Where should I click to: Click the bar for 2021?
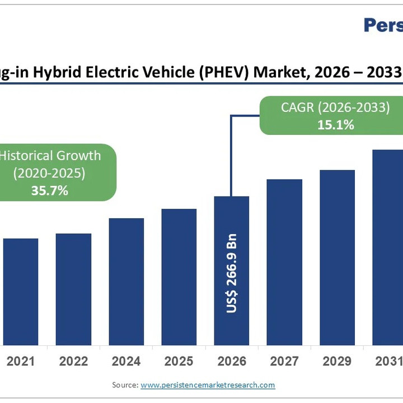click(x=21, y=292)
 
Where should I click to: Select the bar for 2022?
click(x=73, y=289)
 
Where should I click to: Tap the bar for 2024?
click(x=126, y=282)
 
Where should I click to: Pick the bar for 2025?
click(x=179, y=277)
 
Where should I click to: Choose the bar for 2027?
click(x=284, y=262)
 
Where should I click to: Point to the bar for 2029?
click(x=337, y=257)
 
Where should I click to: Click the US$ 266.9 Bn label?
click(x=232, y=273)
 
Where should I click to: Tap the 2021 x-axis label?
click(x=21, y=362)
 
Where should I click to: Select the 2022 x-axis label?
click(x=73, y=362)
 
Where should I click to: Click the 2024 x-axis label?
click(x=126, y=362)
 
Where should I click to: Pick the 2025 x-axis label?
click(x=179, y=362)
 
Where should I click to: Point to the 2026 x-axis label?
click(x=232, y=362)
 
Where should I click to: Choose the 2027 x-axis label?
click(x=284, y=362)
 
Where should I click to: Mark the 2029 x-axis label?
click(x=337, y=362)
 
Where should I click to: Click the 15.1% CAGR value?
click(x=336, y=125)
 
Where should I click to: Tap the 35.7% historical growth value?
click(x=49, y=190)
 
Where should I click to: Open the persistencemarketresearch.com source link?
click(x=208, y=385)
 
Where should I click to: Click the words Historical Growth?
click(x=49, y=156)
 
